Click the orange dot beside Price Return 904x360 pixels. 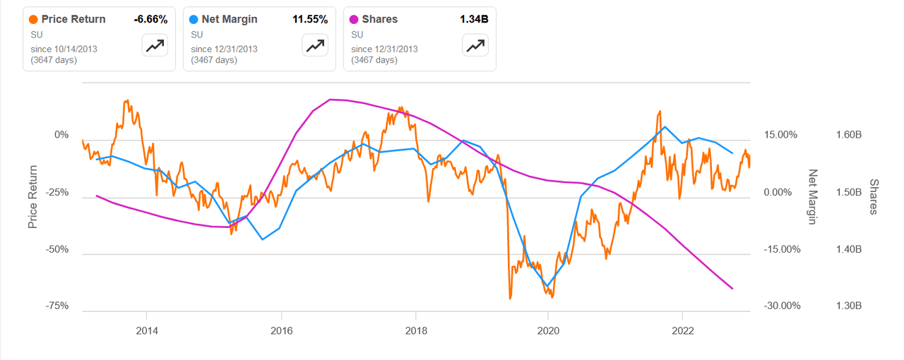coord(34,20)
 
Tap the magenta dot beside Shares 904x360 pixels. coord(355,20)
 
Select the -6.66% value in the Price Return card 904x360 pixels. coord(150,20)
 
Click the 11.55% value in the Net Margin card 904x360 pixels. coord(310,20)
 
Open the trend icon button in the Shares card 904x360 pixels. coord(475,46)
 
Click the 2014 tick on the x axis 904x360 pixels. coord(146,330)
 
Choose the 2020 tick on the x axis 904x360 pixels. coord(548,330)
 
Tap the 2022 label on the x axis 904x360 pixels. coord(682,330)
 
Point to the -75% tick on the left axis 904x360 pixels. coord(56,306)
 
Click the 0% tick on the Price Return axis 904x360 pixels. coord(61,135)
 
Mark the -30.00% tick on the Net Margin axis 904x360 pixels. coord(781,306)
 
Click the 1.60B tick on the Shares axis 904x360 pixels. coord(847,135)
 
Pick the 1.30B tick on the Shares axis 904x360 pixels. coord(847,306)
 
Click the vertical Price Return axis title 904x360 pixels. coord(32,196)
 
